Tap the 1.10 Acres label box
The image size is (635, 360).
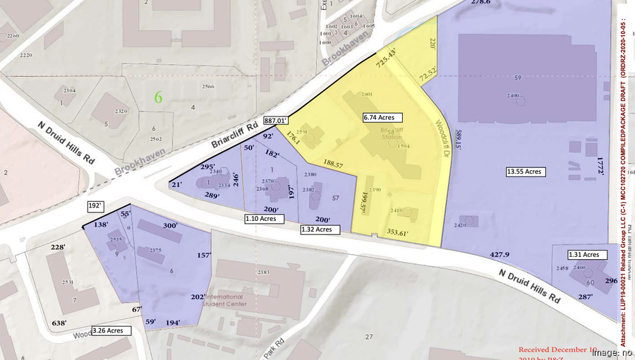point(264,219)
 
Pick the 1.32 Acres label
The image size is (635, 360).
point(319,229)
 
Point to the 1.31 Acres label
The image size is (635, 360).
point(584,255)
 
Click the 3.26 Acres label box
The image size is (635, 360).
point(111,330)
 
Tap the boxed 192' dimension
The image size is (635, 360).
point(96,205)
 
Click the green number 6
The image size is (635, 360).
point(158,98)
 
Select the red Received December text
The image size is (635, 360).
point(557,349)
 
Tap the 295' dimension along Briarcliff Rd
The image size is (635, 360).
point(207,167)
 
